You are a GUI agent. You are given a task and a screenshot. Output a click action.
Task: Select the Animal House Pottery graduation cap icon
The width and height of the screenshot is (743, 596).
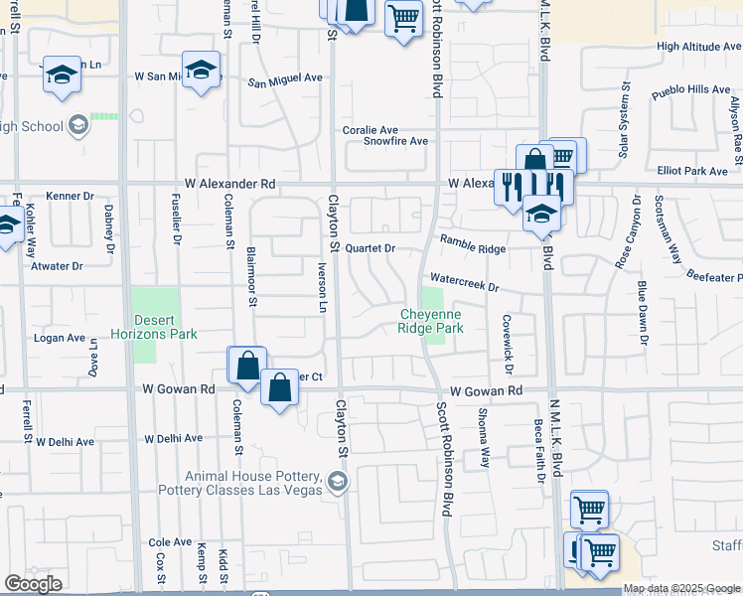point(338,483)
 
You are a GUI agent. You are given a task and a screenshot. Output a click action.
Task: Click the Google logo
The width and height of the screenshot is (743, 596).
point(33,584)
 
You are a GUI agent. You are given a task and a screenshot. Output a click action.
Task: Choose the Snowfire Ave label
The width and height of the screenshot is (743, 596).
point(395,141)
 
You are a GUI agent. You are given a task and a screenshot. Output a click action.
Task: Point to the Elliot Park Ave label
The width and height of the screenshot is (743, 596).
point(692,171)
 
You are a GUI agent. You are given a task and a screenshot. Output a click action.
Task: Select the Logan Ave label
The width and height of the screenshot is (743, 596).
point(61,338)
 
